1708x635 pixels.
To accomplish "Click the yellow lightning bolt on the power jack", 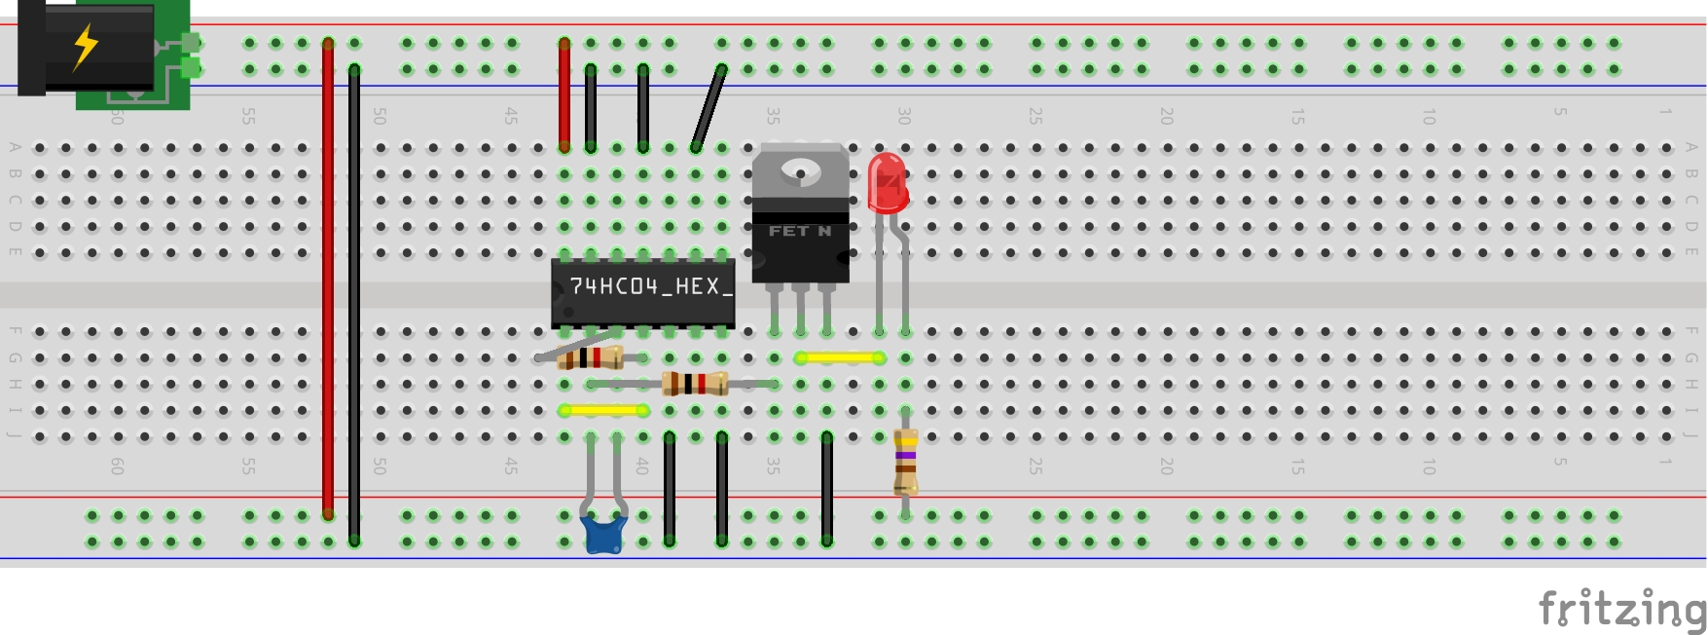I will pos(86,46).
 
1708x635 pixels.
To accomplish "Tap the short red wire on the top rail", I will pos(564,95).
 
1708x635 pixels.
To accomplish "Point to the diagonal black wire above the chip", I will pos(709,107).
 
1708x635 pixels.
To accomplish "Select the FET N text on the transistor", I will pos(799,231).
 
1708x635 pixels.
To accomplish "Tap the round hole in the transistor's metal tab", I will pos(801,172).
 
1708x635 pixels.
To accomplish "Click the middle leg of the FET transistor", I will pos(801,309).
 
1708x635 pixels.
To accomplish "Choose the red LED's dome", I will pos(887,181).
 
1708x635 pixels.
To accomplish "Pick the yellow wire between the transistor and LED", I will pos(839,357).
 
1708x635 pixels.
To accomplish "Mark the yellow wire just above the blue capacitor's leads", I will pos(603,410).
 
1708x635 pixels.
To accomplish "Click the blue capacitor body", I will pos(603,535).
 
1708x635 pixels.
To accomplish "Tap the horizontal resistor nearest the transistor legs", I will pos(694,384).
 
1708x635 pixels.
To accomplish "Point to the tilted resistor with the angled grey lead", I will pos(590,357).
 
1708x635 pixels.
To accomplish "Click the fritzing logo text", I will pos(1621,610).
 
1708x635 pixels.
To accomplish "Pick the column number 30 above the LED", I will pos(904,116).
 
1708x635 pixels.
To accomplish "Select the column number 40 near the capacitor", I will pos(642,466).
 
